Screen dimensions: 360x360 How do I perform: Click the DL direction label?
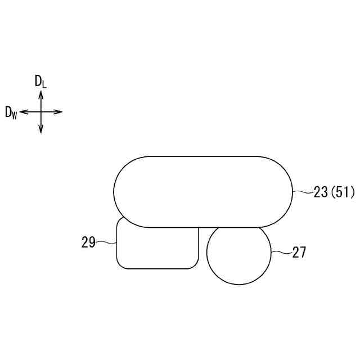(x=40, y=82)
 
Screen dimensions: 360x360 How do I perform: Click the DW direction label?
(x=11, y=113)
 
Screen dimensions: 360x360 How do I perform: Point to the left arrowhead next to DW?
(x=24, y=112)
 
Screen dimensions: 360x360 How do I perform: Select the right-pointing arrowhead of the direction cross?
(x=58, y=112)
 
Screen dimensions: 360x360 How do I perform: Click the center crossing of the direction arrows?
(x=41, y=112)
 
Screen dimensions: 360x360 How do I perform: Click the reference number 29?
(x=88, y=242)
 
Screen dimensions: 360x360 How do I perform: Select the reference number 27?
(x=299, y=253)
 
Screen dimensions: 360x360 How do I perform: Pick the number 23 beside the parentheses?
(x=321, y=192)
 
